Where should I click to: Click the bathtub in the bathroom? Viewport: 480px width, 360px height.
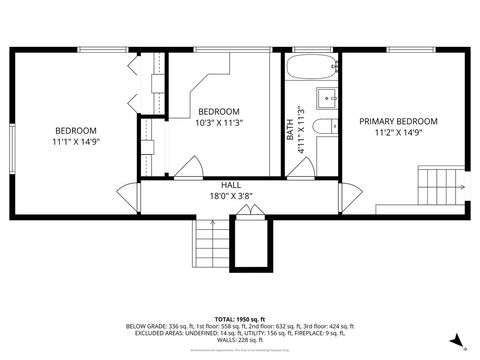[x=311, y=72]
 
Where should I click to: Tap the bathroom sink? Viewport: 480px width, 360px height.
[x=327, y=98]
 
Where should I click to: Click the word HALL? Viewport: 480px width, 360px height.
[x=231, y=186]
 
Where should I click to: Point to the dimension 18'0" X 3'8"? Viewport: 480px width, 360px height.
[x=231, y=196]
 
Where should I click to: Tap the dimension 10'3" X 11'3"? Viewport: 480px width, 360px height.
[x=219, y=122]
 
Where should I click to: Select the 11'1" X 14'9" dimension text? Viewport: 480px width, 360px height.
[x=76, y=143]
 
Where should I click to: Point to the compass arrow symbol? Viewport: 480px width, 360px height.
[x=456, y=341]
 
